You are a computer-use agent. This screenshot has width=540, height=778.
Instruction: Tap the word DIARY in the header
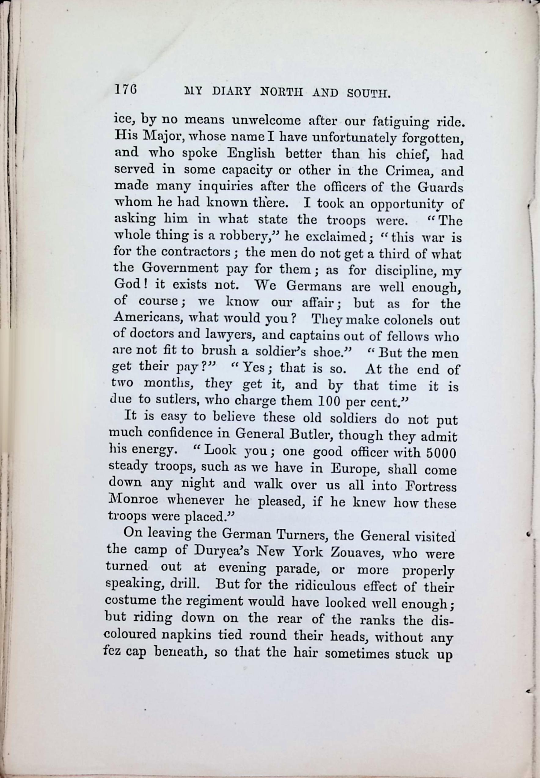pos(231,92)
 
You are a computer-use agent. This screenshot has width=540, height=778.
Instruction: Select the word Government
pos(180,268)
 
